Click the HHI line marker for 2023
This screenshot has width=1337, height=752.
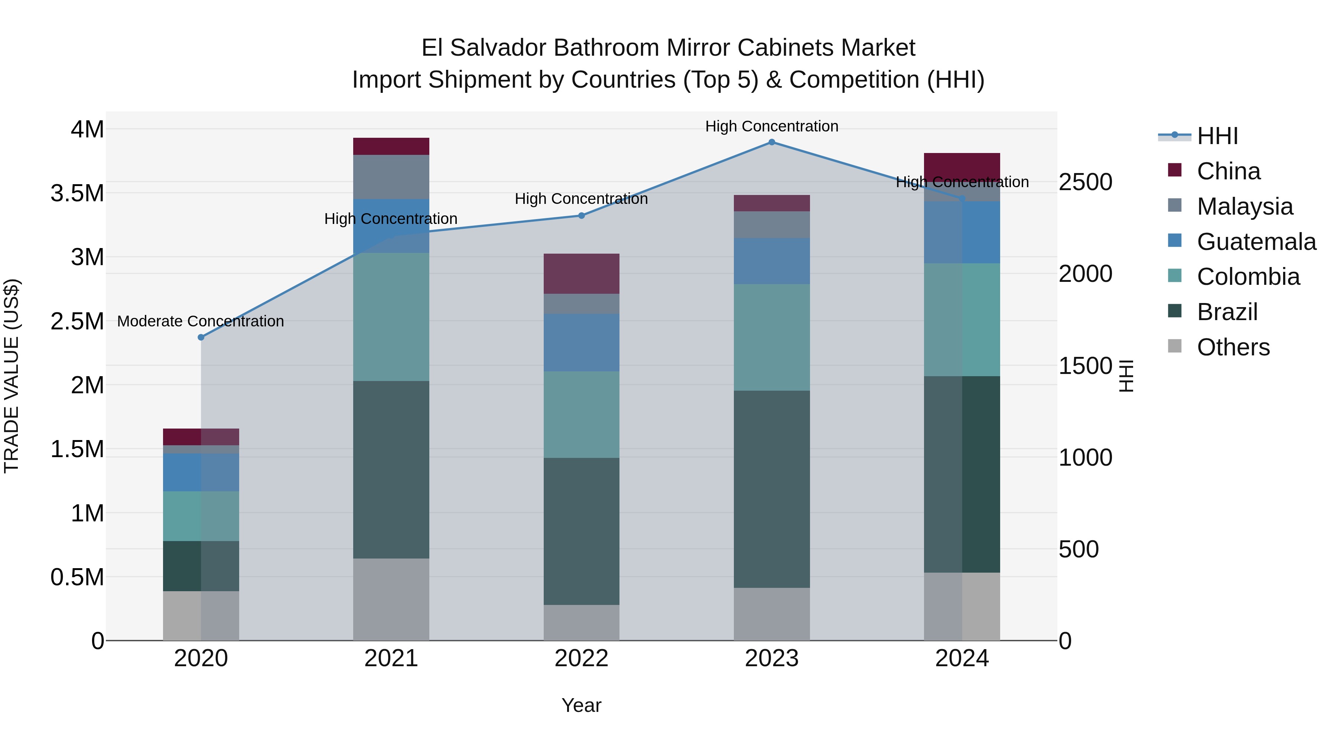(x=771, y=142)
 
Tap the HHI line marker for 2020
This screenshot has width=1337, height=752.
(x=201, y=337)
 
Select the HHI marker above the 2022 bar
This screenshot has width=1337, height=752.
(x=581, y=215)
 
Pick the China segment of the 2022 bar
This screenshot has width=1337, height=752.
(x=581, y=273)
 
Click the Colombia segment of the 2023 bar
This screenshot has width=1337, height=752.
(x=771, y=337)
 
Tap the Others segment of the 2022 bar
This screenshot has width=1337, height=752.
(x=581, y=622)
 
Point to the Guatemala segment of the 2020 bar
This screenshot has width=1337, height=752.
(x=201, y=472)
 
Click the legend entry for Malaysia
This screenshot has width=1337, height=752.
(x=1244, y=206)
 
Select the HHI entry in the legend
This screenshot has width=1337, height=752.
(x=1217, y=136)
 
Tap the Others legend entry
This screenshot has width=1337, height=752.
(x=1233, y=347)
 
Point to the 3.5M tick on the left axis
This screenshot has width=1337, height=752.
(x=77, y=193)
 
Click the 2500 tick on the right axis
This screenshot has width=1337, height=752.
(x=1085, y=182)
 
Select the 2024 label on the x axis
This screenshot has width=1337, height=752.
(x=962, y=658)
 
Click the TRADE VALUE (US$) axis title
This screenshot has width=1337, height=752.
(x=12, y=376)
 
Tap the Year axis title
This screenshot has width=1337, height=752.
(x=581, y=705)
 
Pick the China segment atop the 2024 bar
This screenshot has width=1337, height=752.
(x=962, y=165)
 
